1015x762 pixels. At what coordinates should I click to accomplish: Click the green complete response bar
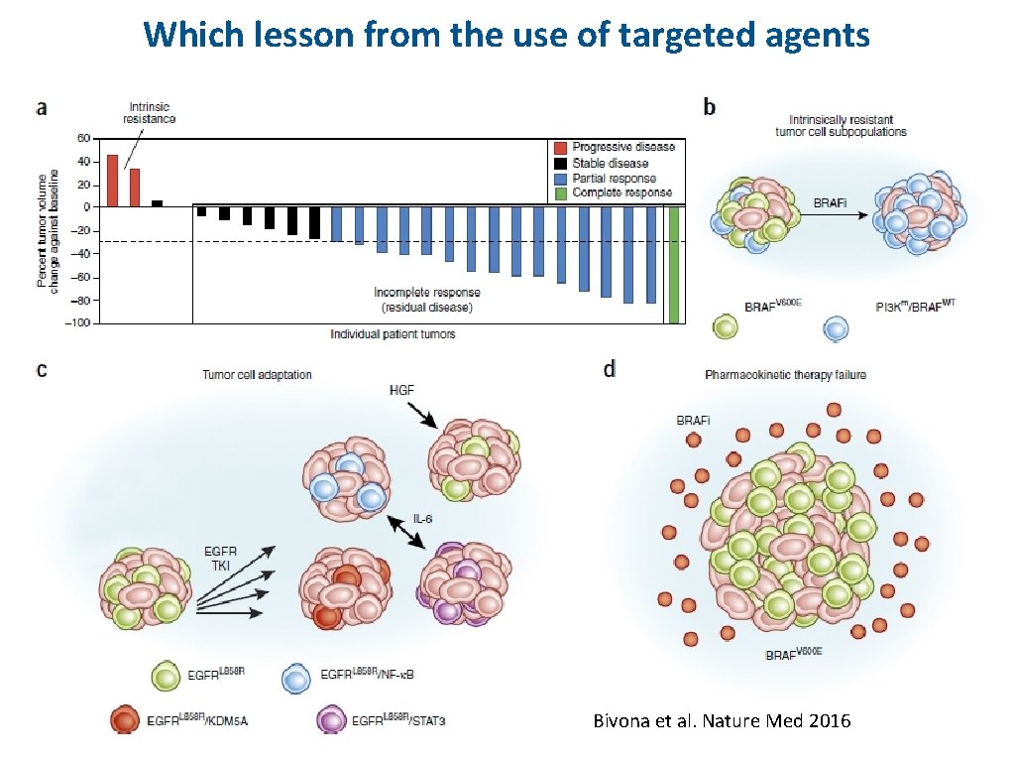click(674, 264)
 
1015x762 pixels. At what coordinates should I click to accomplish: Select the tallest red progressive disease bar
click(112, 181)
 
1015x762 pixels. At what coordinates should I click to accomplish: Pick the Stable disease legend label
click(610, 163)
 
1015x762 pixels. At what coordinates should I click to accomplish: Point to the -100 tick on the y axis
click(75, 322)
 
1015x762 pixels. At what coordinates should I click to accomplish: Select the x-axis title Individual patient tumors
click(393, 334)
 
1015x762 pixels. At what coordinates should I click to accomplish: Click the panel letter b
click(709, 106)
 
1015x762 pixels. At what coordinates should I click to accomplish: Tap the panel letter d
click(609, 369)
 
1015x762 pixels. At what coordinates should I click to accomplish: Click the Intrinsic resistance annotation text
click(149, 112)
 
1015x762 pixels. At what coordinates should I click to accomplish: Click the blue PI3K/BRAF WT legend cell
click(836, 327)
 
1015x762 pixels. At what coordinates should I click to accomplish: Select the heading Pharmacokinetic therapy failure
click(785, 375)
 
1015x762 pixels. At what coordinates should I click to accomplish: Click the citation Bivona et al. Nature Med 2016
click(722, 721)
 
